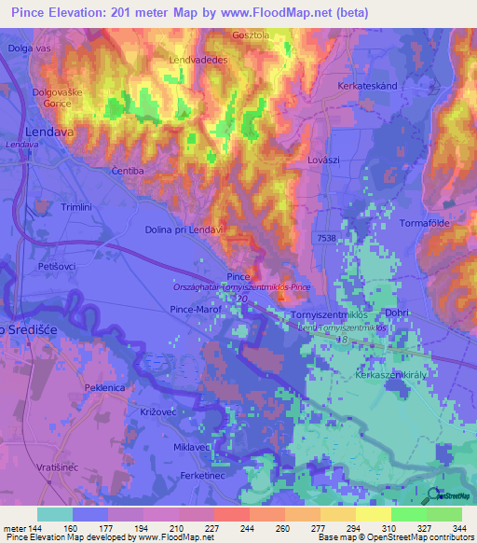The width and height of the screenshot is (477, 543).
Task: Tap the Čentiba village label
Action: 128,172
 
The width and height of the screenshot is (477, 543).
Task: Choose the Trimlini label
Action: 77,207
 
